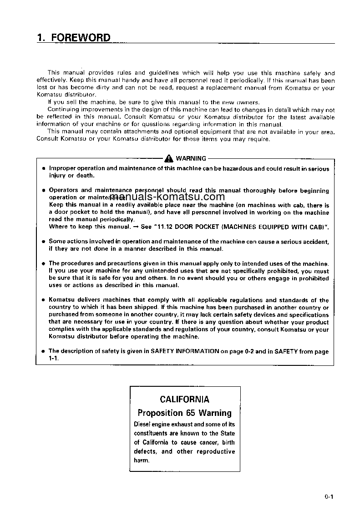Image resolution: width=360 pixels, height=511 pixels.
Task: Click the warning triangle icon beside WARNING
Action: coord(169,158)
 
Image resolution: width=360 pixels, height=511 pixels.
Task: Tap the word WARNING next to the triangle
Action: coord(191,158)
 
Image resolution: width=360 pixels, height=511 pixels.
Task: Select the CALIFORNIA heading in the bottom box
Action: coord(185,400)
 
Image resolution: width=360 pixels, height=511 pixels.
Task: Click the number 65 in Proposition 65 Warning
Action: coord(190,413)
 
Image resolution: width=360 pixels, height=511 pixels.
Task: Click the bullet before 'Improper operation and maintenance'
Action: coord(43,169)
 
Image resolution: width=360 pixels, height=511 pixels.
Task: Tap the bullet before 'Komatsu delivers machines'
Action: coord(43,300)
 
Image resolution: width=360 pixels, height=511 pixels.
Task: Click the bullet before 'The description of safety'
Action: coord(43,351)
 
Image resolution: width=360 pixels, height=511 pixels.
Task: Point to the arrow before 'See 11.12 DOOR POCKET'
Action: coord(135,227)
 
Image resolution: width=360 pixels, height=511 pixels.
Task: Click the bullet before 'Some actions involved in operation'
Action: coord(43,242)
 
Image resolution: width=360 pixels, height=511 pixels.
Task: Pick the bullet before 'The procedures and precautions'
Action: coord(43,263)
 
